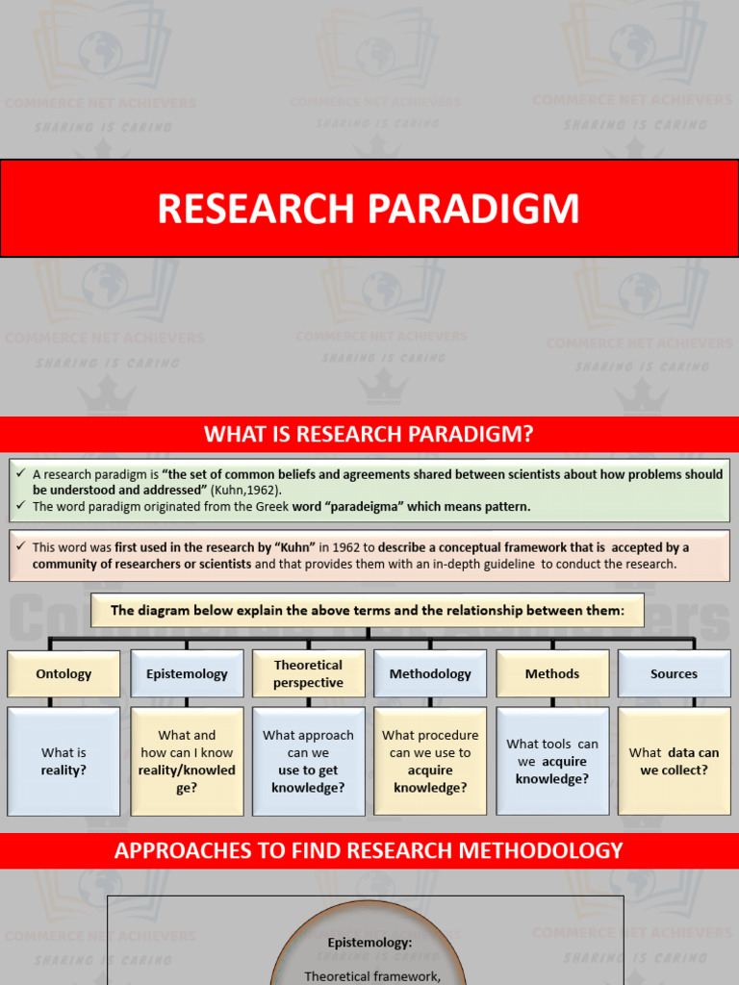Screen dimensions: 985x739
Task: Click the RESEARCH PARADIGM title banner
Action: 369,209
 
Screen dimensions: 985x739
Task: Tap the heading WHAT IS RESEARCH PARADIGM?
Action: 369,434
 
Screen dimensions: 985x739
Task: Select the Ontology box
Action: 64,673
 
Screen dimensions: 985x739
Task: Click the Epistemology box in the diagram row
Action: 187,673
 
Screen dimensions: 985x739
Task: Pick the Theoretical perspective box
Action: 308,673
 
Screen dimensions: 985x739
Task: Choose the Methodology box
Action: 430,673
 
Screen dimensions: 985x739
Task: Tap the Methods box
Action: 552,673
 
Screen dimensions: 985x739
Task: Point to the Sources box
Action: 674,673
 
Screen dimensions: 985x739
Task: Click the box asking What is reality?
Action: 64,761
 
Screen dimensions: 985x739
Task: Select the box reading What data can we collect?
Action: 674,761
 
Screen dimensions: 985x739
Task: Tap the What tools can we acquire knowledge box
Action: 552,761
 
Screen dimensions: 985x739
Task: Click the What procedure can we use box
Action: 430,761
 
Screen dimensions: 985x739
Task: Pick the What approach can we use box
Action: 308,761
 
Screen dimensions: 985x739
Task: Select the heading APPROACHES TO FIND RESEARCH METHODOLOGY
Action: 369,850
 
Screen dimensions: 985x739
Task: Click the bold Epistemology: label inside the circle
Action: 369,944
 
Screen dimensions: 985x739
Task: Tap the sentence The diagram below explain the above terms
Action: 368,610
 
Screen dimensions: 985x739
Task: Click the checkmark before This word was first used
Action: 20,546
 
